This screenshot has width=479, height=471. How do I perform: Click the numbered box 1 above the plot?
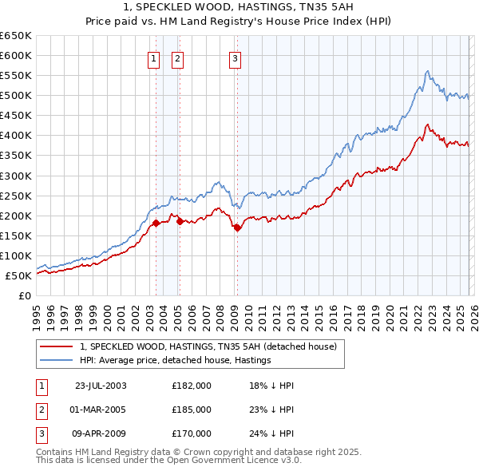click(x=152, y=57)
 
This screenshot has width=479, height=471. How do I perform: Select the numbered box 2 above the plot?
click(x=176, y=57)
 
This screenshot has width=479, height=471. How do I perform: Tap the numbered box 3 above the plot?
click(x=236, y=57)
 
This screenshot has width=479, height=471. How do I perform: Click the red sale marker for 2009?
click(x=237, y=228)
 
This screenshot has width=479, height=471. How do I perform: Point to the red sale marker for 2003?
click(x=156, y=223)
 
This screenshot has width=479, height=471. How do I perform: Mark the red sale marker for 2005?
click(x=180, y=221)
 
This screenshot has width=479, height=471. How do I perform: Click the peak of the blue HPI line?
click(x=428, y=71)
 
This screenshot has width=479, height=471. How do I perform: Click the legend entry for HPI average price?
click(x=176, y=360)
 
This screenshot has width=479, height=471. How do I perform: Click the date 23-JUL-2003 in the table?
click(x=100, y=385)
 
